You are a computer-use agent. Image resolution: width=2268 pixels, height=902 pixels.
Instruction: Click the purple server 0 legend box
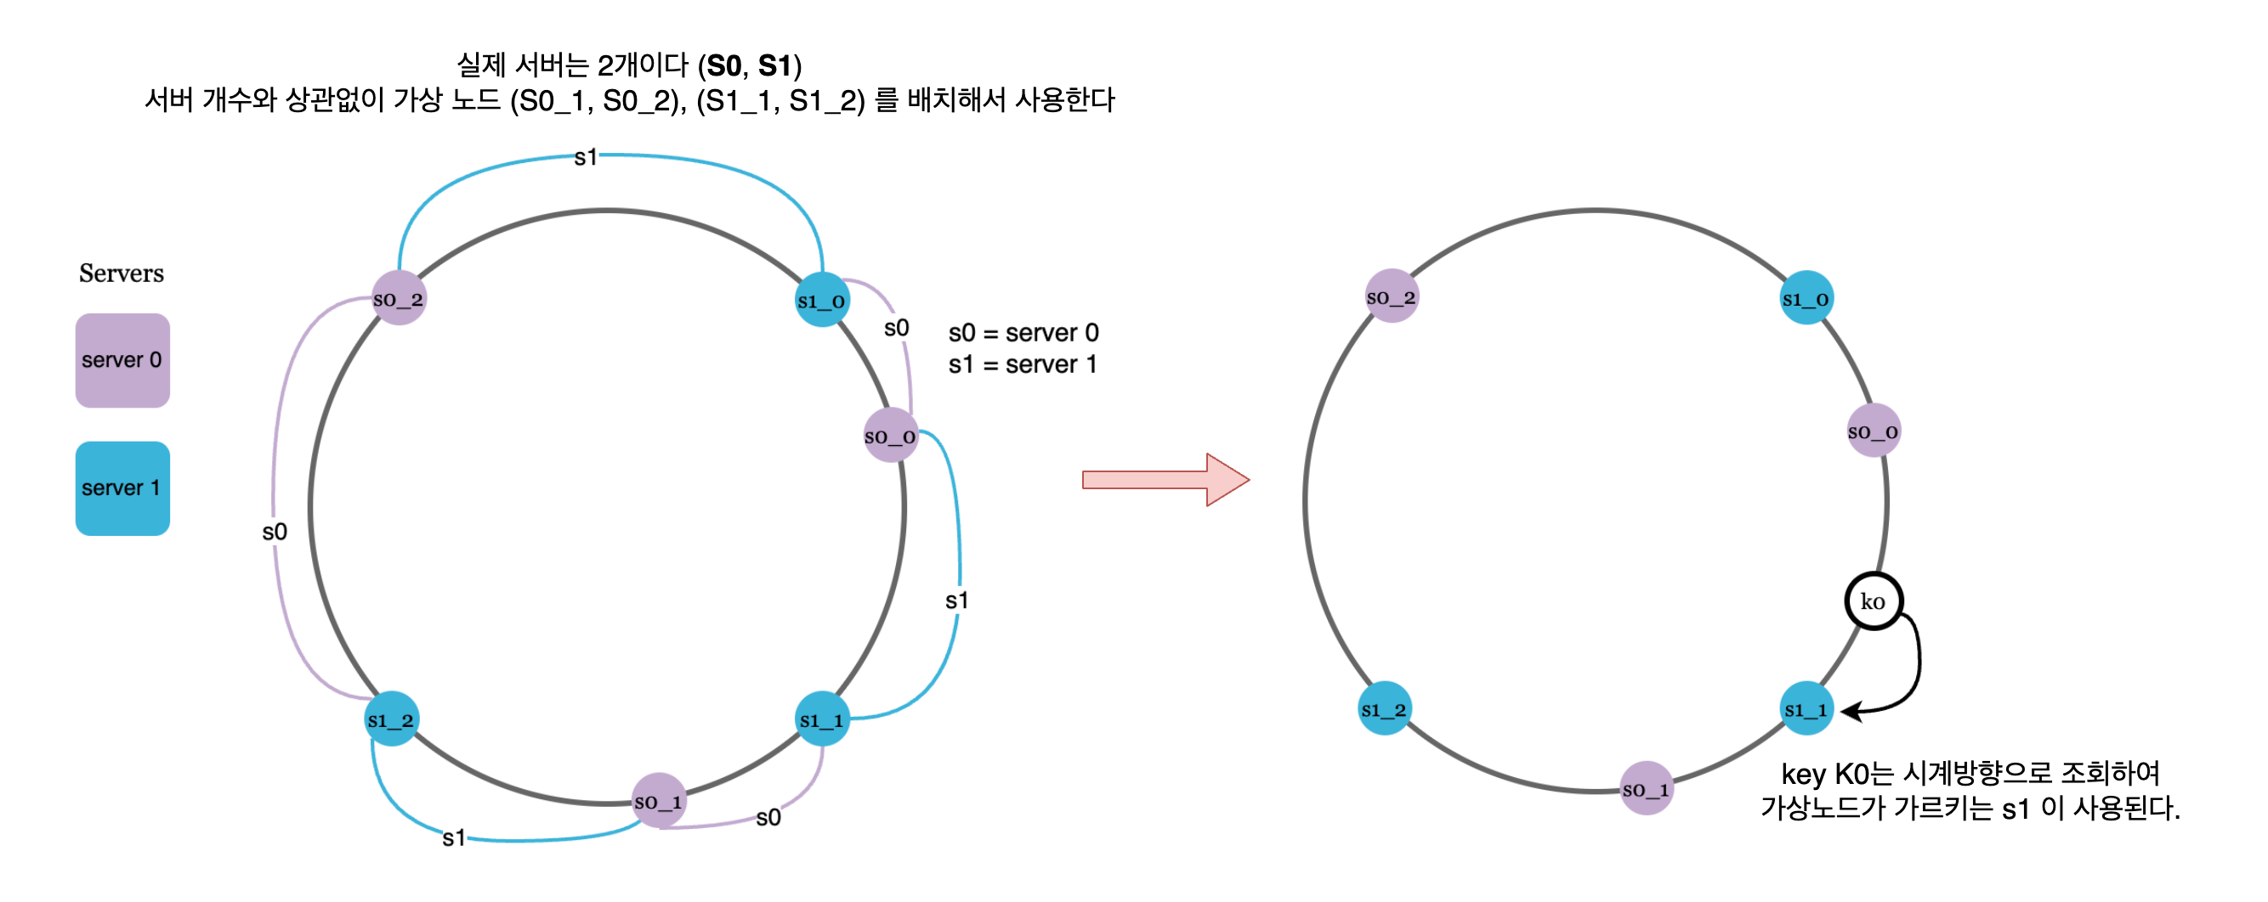coord(122,360)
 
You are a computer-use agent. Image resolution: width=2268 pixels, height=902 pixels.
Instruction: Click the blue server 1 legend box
coord(122,488)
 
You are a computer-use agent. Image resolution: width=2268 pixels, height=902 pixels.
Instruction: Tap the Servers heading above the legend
coord(122,273)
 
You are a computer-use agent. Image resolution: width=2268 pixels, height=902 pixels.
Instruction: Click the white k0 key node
coord(1873,602)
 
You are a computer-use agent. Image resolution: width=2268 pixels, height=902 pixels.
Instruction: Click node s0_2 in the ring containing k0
coord(1391,296)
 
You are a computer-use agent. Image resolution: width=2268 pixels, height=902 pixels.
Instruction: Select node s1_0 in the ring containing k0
coord(1806,298)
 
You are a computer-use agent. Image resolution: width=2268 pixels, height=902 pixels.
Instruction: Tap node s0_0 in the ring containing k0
coord(1873,431)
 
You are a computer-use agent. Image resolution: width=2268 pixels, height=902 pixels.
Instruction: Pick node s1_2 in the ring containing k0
coord(1385,708)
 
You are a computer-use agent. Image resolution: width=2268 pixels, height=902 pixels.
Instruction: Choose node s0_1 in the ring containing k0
coord(1646,788)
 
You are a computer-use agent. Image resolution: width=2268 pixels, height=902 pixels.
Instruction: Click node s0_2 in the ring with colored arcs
coord(398,298)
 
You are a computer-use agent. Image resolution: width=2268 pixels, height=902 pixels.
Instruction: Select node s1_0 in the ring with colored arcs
coord(821,300)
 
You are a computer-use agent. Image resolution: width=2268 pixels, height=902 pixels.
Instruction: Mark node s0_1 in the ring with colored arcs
coord(659,801)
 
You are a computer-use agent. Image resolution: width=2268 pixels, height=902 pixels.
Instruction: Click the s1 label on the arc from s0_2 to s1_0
coord(586,157)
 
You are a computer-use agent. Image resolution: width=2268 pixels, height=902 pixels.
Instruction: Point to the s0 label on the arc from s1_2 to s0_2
coord(275,532)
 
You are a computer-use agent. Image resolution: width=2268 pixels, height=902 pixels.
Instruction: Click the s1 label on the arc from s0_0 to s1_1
coord(956,600)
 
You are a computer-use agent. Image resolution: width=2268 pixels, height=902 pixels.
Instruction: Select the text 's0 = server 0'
coord(1023,333)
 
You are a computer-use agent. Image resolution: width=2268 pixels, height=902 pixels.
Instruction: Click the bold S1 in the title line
coord(774,65)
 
